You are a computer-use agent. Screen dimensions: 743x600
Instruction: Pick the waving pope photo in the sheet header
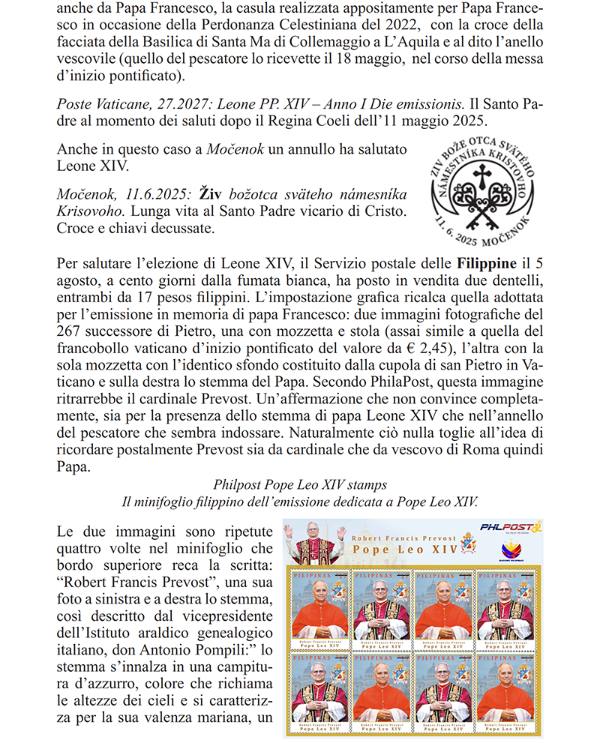tap(313, 544)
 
